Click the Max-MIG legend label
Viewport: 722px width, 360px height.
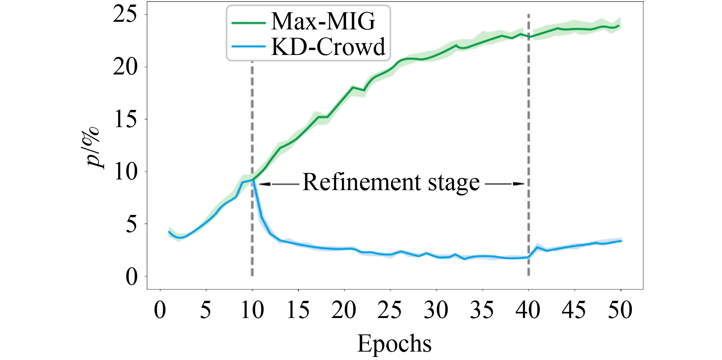[323, 21]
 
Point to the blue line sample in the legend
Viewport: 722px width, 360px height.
[248, 47]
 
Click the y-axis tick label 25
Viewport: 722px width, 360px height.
[125, 15]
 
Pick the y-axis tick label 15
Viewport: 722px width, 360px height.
[125, 119]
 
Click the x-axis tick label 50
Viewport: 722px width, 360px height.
[620, 310]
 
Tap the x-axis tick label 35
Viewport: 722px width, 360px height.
[482, 310]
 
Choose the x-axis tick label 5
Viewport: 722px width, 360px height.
[206, 310]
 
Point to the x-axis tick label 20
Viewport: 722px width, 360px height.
[344, 310]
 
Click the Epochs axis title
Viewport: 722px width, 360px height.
[394, 343]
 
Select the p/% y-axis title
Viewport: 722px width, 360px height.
[93, 147]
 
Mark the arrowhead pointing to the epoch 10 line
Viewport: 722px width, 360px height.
[265, 184]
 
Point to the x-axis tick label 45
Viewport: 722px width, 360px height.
[574, 310]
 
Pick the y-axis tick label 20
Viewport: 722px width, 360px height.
[125, 67]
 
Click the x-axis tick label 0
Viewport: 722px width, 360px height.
[160, 310]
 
